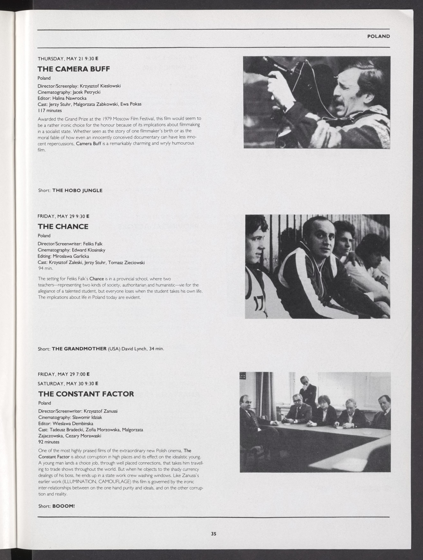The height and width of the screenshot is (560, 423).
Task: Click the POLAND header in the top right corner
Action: click(378, 36)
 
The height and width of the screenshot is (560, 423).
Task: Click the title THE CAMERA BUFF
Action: click(74, 69)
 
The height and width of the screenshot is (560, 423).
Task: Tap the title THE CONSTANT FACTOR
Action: click(86, 394)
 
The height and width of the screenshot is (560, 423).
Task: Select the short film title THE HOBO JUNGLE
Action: click(77, 190)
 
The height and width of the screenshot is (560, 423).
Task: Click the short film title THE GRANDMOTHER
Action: click(79, 349)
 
